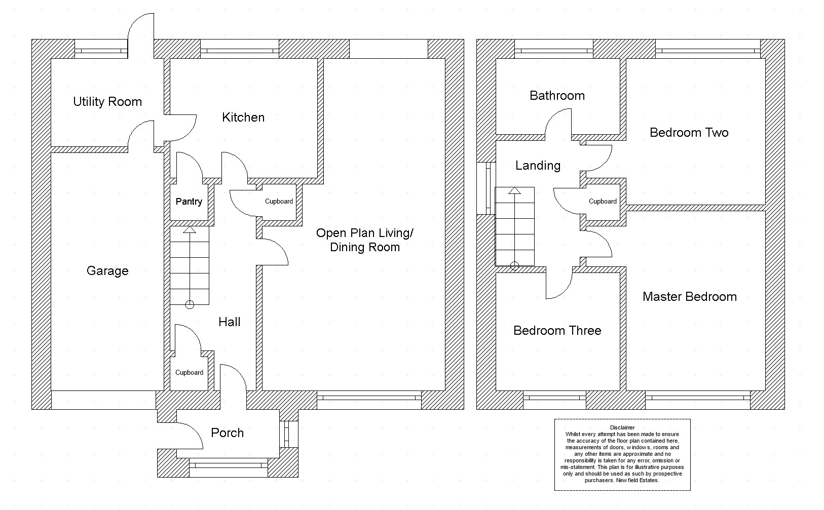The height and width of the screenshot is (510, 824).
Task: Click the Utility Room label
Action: [107, 101]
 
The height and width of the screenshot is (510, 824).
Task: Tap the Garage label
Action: [107, 271]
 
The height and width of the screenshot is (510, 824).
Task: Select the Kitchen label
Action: [243, 117]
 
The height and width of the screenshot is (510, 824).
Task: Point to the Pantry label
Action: [189, 202]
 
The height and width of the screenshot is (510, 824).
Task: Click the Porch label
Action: [228, 433]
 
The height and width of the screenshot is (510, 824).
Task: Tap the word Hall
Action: [229, 322]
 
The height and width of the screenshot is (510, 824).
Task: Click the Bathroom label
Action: [557, 96]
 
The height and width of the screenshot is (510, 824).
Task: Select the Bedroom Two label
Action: [689, 132]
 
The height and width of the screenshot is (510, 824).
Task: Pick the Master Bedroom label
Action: [690, 297]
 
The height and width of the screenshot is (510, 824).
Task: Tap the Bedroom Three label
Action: [557, 331]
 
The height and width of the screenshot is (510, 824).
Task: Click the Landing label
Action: [538, 166]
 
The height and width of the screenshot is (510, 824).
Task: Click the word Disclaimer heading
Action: [622, 427]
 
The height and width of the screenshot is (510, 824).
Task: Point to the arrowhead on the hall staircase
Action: [190, 230]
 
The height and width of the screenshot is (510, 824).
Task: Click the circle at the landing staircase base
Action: [515, 265]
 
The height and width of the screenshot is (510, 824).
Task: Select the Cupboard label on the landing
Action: [603, 202]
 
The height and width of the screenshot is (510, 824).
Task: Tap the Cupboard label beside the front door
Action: [189, 372]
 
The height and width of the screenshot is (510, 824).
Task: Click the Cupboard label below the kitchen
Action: [279, 202]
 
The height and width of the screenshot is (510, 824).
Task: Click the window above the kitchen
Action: [240, 49]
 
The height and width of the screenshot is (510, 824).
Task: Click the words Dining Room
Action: [364, 247]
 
